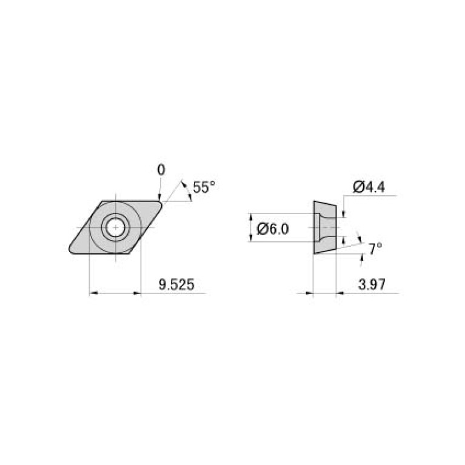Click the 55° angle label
click(203, 188)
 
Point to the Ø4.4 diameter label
click(368, 187)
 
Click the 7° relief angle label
click(375, 249)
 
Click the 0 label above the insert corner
click(161, 170)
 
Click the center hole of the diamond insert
click(115, 227)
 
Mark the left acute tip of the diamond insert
click(70, 249)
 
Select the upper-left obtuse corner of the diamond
click(102, 202)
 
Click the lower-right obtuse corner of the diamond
click(129, 253)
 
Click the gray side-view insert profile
click(324, 227)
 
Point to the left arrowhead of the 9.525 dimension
click(93, 293)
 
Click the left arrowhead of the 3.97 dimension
click(310, 293)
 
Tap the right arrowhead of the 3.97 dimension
click(338, 293)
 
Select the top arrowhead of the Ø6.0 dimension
click(252, 216)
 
